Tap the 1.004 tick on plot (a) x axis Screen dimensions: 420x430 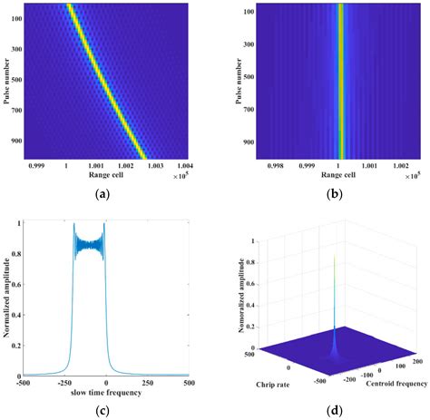tap(182, 166)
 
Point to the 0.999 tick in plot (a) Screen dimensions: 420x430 tap(38, 166)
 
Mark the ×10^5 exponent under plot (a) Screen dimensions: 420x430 tap(181, 175)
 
